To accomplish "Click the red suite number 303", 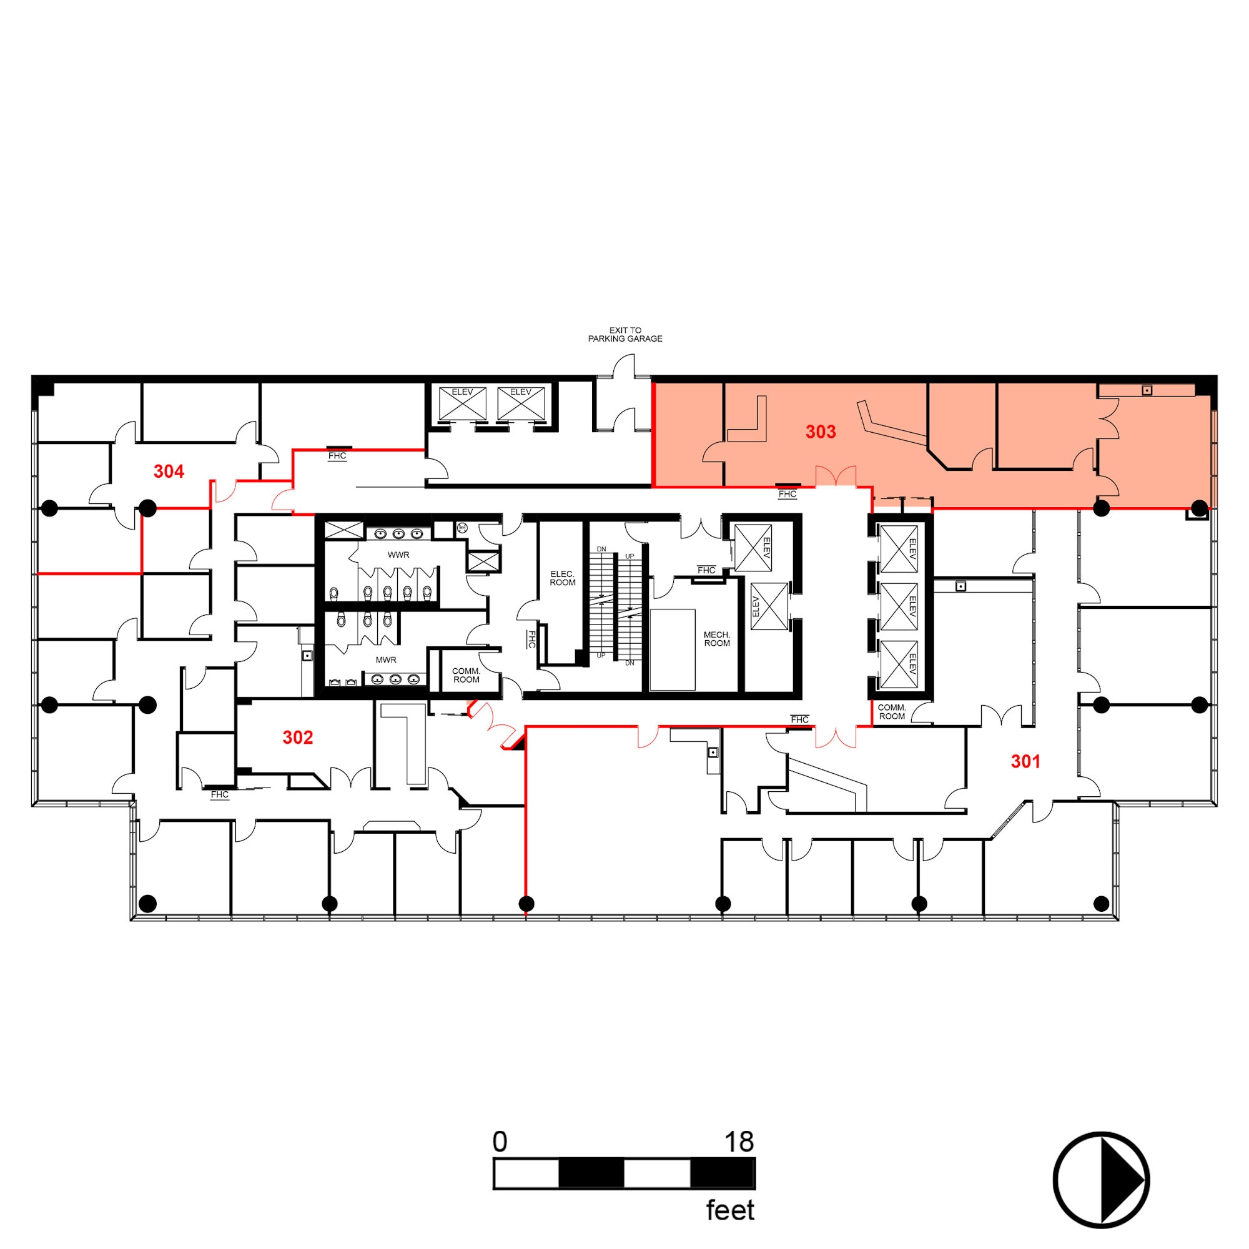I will click(x=821, y=432).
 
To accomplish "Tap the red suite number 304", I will click(x=169, y=472).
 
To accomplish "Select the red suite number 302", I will click(x=298, y=738).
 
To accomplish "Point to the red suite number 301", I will click(x=1025, y=761).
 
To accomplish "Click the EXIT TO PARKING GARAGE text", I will click(x=625, y=334).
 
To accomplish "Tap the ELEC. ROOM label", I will click(x=563, y=578).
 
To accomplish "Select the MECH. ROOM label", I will click(x=717, y=639).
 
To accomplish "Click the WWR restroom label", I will click(x=398, y=555).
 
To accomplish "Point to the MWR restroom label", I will click(x=386, y=660).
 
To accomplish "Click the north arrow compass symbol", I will click(x=1101, y=1180).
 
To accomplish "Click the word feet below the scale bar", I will click(x=730, y=1210).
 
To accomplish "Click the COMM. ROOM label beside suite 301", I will click(x=892, y=712).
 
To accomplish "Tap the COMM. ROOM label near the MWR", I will click(x=466, y=676).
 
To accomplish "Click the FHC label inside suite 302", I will click(x=220, y=794).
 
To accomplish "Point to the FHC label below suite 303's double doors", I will click(x=787, y=494).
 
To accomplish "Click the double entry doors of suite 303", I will click(x=836, y=476).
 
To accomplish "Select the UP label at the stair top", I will click(x=629, y=556).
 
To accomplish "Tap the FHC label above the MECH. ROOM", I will click(x=706, y=570).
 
